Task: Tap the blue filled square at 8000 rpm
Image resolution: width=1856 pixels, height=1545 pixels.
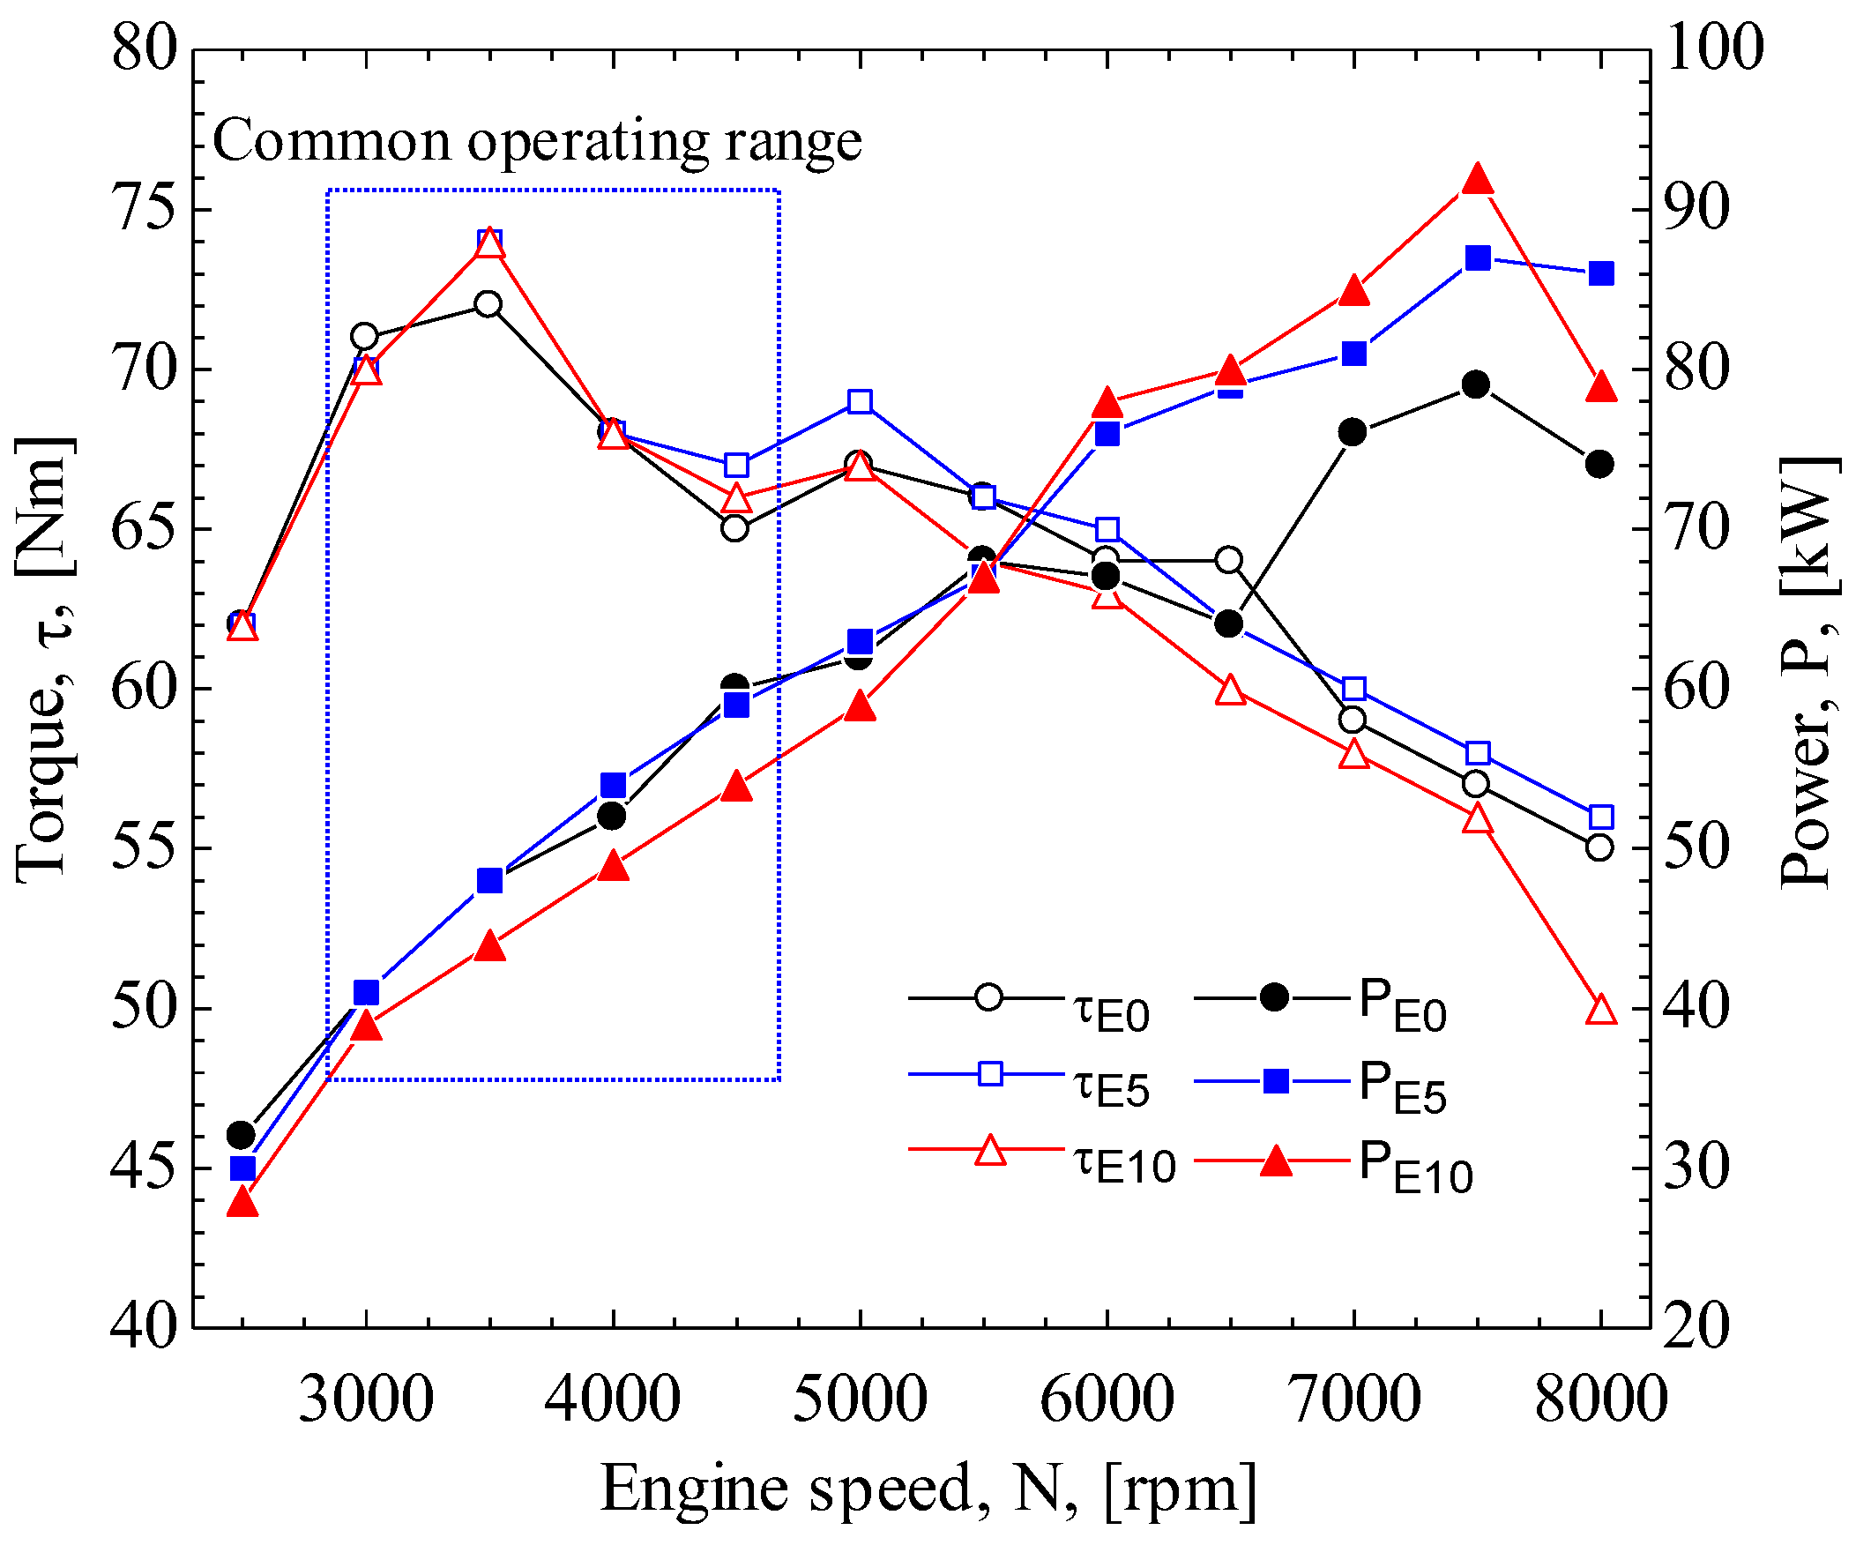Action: (1601, 273)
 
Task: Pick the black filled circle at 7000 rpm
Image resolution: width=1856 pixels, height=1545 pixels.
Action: (1353, 432)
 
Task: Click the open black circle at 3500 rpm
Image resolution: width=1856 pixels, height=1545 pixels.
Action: (488, 304)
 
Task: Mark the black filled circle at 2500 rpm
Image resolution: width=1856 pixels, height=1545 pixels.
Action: (242, 1134)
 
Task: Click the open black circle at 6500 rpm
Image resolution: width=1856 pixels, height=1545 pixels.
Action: (1229, 559)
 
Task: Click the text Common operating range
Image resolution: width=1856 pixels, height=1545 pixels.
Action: (537, 141)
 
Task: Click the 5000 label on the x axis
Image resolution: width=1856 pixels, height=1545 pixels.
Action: (860, 1399)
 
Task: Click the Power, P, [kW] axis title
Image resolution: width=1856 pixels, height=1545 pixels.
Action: (1808, 672)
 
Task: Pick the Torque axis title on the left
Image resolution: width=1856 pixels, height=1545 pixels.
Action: (44, 659)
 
